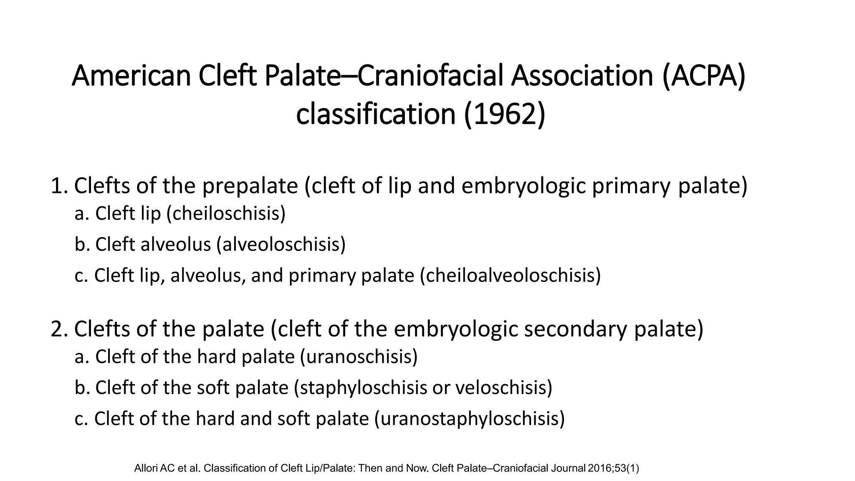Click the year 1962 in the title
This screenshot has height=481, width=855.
[505, 114]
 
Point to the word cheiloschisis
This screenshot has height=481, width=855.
[226, 214]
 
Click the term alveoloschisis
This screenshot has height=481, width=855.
[281, 244]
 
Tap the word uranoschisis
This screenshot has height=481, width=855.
[359, 357]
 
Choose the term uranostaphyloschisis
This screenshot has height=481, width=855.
[469, 419]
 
